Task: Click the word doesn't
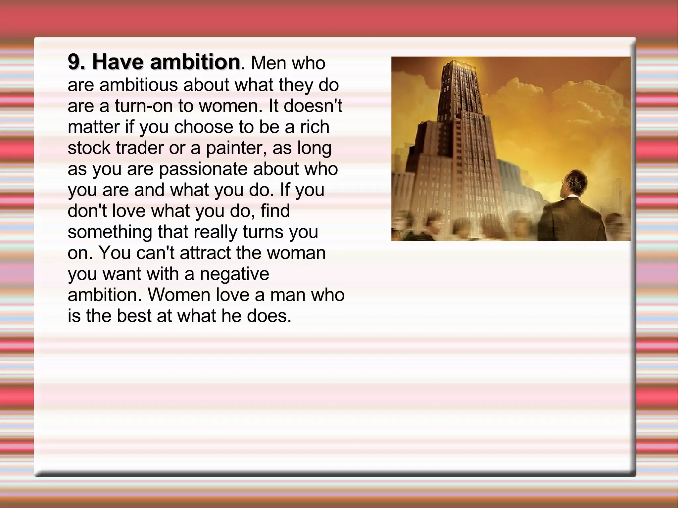click(x=313, y=106)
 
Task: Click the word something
click(x=110, y=232)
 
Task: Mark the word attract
click(x=206, y=253)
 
